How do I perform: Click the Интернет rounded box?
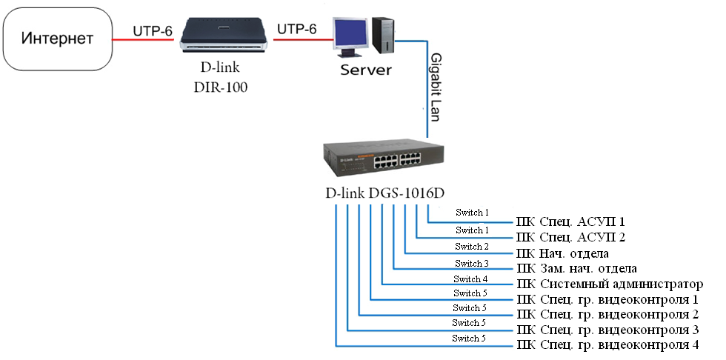pos(58,37)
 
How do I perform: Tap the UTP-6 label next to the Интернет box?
pos(153,30)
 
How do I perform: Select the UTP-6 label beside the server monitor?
pos(296,30)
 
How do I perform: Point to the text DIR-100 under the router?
pos(224,87)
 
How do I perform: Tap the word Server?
pos(365,70)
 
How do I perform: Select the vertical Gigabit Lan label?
pos(436,85)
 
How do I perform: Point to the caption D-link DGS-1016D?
pos(384,193)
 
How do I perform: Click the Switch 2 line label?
pos(472,247)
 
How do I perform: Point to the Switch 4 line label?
pos(472,279)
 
